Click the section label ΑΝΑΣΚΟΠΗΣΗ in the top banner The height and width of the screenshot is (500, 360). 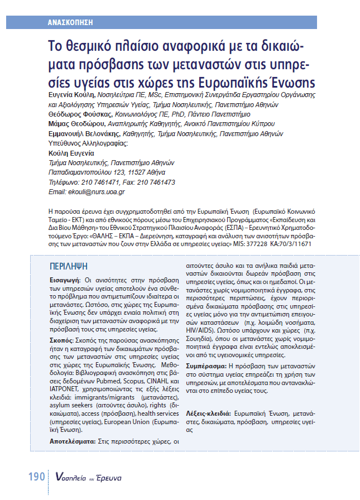click(70, 23)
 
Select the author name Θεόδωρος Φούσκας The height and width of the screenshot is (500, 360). click(72, 113)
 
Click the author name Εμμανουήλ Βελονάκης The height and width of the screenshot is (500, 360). click(80, 134)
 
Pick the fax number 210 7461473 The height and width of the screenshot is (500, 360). click(154, 182)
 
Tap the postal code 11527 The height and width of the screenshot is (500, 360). click(140, 172)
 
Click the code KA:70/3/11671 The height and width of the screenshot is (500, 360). click(291, 244)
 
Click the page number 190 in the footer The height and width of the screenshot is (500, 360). click(36, 478)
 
